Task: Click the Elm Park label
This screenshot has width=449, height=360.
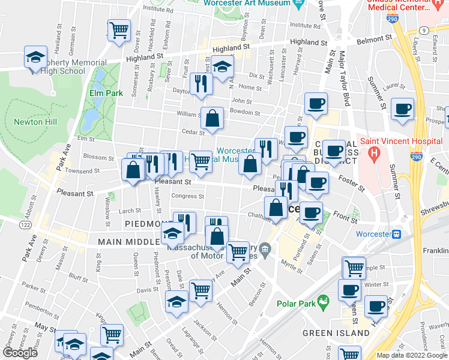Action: (106, 93)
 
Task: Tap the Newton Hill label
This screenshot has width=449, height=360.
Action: (37, 122)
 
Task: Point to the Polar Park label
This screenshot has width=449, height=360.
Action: (295, 303)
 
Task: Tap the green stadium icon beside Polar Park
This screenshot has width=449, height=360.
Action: (324, 299)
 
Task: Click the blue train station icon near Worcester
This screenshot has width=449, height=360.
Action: (396, 233)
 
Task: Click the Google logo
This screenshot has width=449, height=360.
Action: (20, 353)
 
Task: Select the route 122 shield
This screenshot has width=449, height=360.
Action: (25, 224)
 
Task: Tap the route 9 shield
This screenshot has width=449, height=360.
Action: (424, 29)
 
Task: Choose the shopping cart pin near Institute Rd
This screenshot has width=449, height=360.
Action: (119, 29)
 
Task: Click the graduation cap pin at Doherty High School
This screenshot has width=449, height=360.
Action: (35, 58)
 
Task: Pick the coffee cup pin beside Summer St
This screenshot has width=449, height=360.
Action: (402, 109)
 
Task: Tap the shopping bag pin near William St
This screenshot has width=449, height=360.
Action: (212, 118)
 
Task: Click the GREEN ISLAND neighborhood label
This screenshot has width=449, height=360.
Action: (336, 332)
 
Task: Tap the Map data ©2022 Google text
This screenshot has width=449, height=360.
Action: (411, 355)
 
